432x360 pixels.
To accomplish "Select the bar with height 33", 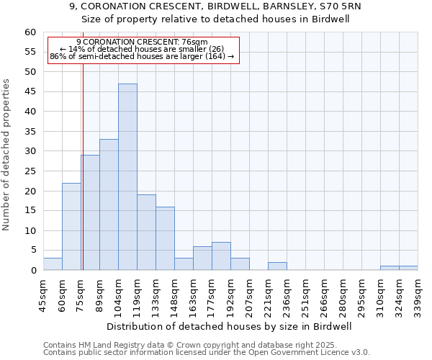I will coord(109,205).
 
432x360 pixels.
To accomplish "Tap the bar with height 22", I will coord(71,227).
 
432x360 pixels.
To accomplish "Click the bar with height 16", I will coord(165,238).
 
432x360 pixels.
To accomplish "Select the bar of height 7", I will coord(221,256).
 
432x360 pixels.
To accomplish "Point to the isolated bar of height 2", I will coord(277,266).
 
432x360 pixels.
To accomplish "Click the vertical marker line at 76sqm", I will coord(83,166).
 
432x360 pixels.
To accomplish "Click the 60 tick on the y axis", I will coord(30,32).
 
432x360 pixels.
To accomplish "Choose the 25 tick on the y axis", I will coord(30,171).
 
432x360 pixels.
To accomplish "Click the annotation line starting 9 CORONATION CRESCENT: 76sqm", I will coord(142,42).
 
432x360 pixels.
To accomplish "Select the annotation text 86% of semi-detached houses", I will coord(142,56).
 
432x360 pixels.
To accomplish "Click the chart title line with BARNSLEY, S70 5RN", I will coord(215,6).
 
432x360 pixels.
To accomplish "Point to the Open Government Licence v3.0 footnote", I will coord(207,353).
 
